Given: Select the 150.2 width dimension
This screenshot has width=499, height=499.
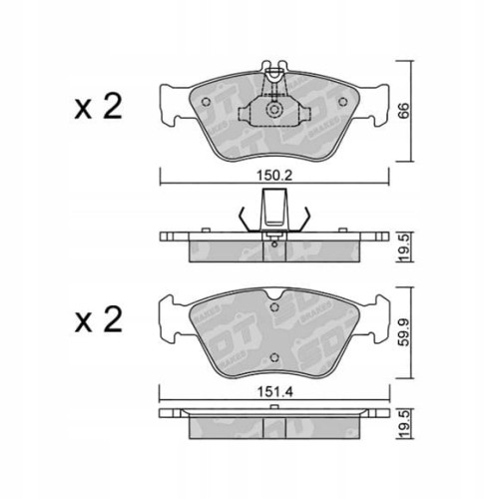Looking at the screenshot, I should pyautogui.click(x=272, y=172).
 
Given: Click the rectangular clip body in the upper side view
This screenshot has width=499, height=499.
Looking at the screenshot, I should pyautogui.click(x=272, y=211).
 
